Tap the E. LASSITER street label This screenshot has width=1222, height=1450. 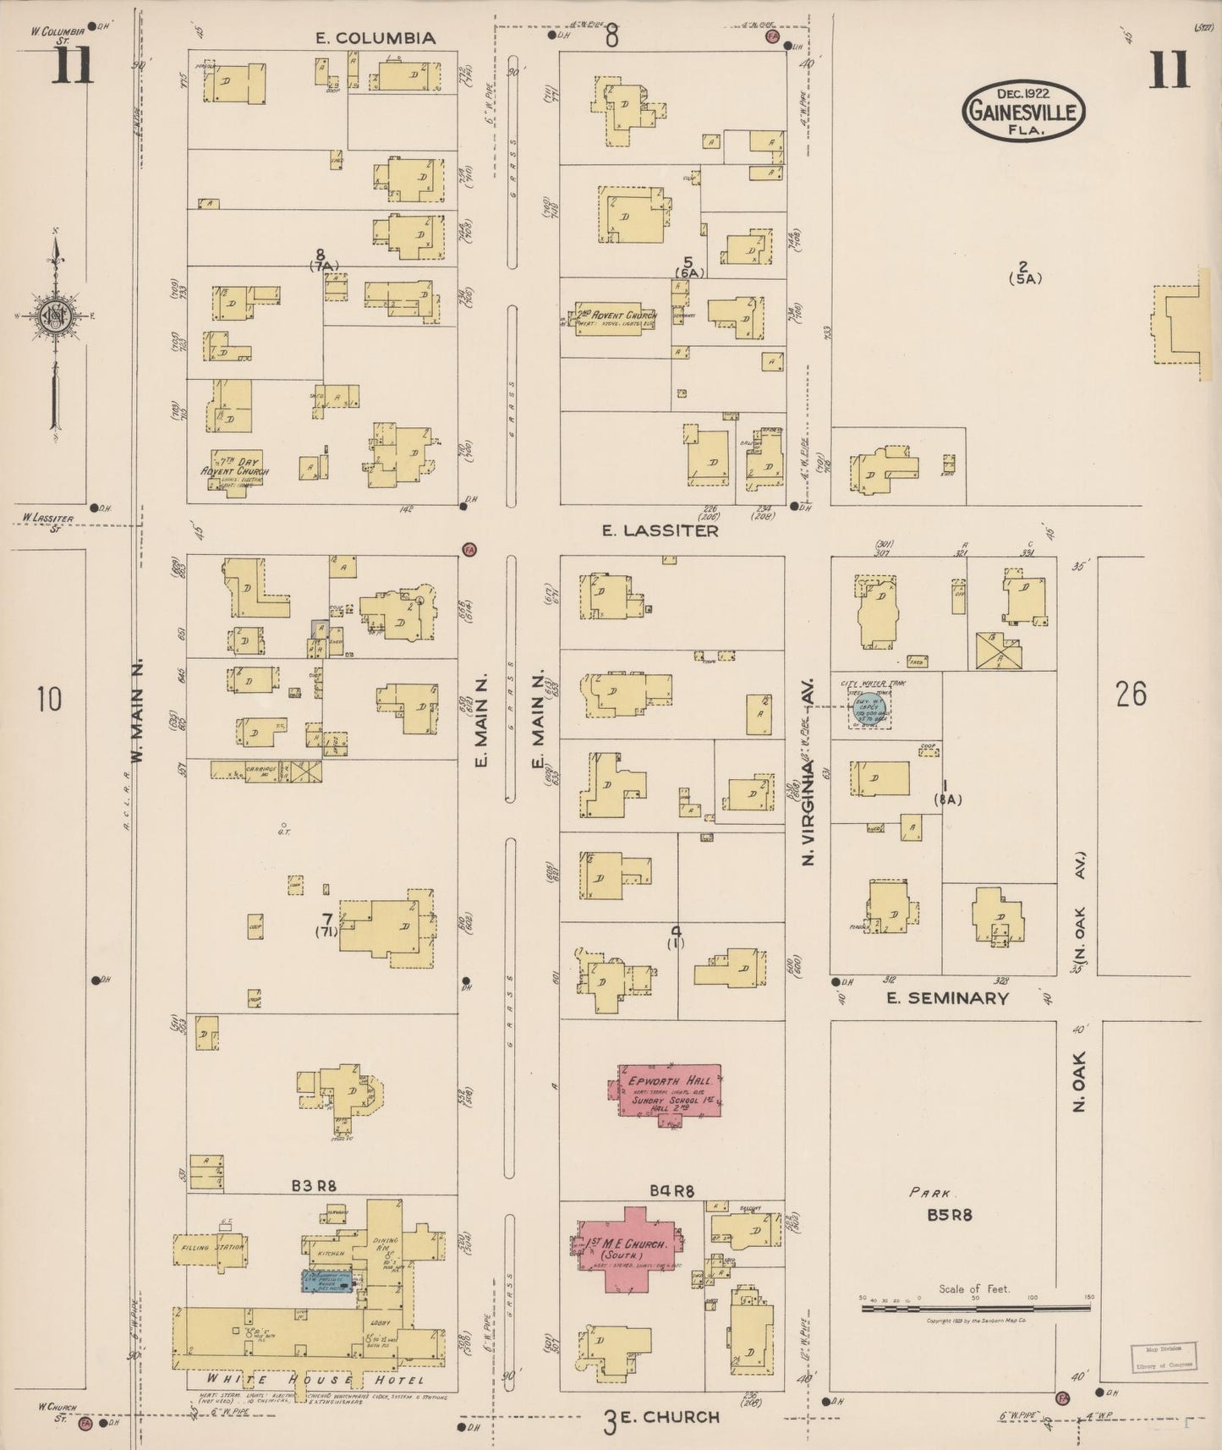(660, 530)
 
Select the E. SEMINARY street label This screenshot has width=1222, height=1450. (947, 998)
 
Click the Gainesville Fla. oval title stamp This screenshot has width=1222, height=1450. (1023, 110)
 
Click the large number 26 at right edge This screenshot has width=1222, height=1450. (1131, 694)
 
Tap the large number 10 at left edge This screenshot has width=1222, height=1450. (49, 700)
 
